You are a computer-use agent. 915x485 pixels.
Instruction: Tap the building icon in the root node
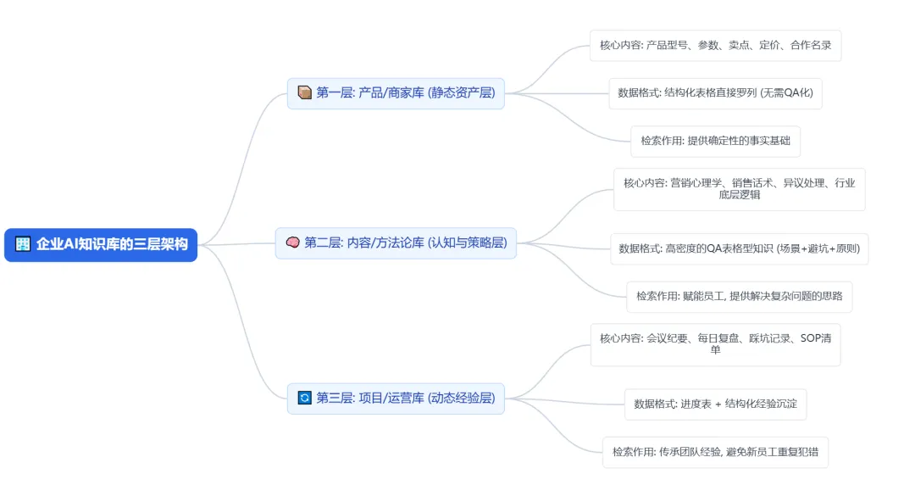23,245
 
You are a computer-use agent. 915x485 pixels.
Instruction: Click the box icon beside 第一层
305,92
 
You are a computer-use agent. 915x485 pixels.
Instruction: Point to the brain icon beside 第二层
293,242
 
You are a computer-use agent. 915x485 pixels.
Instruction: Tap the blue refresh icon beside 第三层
305,398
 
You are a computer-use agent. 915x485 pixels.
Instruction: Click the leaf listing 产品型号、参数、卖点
715,45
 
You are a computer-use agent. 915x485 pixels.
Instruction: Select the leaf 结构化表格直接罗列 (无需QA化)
715,92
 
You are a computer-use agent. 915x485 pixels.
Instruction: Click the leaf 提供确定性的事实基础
715,141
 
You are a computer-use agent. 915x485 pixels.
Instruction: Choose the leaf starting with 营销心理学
739,188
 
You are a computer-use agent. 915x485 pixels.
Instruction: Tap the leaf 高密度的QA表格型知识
739,248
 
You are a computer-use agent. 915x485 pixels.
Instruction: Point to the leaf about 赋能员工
739,296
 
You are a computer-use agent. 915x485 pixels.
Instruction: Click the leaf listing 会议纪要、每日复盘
715,343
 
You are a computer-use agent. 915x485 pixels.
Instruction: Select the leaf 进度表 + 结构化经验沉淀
715,404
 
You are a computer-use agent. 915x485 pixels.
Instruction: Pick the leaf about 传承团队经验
715,451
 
